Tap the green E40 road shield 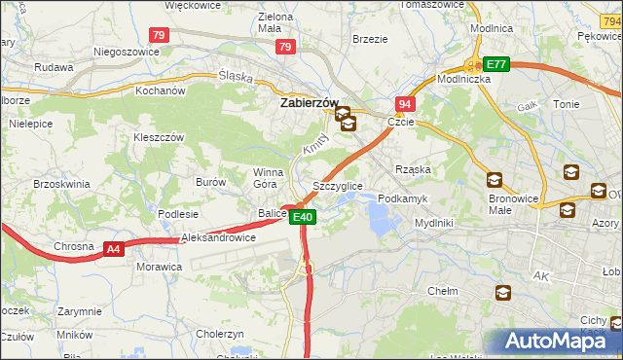[x=303, y=217]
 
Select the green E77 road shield [x=497, y=64]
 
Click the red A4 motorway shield [x=114, y=250]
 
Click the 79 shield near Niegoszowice [x=161, y=35]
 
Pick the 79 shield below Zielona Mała [x=285, y=46]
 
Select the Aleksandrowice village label [x=218, y=237]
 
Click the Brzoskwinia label [x=61, y=183]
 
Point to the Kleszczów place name [x=159, y=137]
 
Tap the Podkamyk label [x=402, y=198]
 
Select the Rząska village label [x=413, y=168]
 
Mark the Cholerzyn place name [x=220, y=333]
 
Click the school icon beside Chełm [x=503, y=292]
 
